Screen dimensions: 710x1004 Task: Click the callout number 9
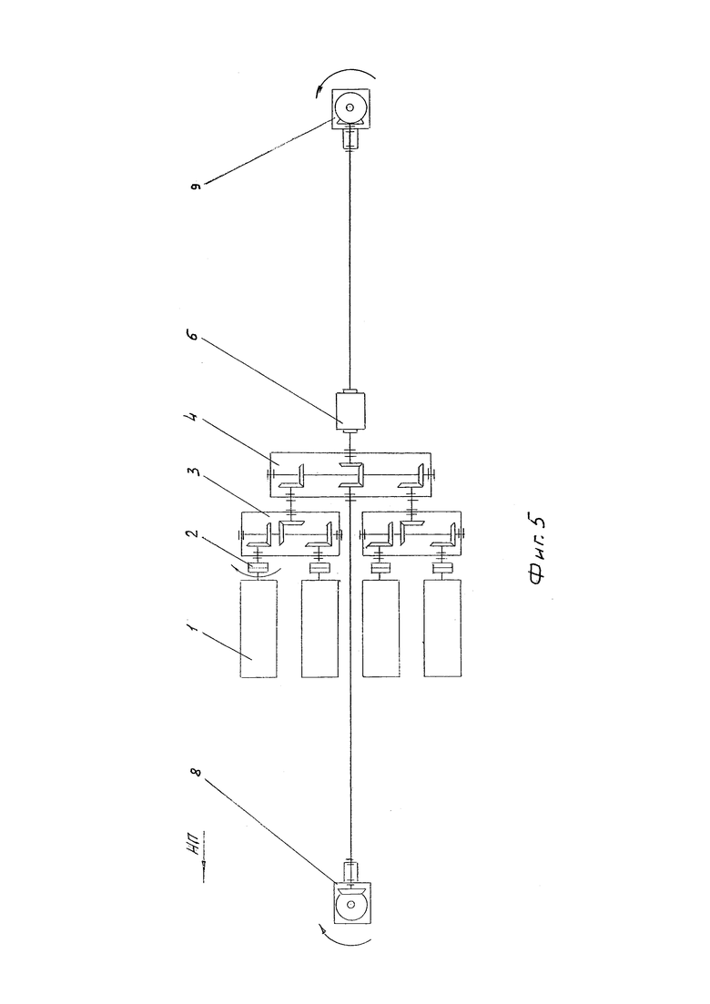click(x=198, y=186)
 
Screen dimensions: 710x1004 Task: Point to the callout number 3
click(x=197, y=472)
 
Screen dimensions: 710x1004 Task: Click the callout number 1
click(x=197, y=632)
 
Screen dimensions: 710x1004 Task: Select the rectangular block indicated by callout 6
click(x=350, y=411)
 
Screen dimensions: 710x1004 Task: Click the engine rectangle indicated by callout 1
click(x=259, y=628)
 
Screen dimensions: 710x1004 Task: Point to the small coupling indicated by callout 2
click(x=258, y=567)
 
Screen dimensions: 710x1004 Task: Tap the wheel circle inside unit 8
click(x=350, y=904)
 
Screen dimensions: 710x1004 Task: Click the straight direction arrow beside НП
click(x=202, y=864)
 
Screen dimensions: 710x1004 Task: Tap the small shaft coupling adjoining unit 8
click(x=350, y=871)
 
